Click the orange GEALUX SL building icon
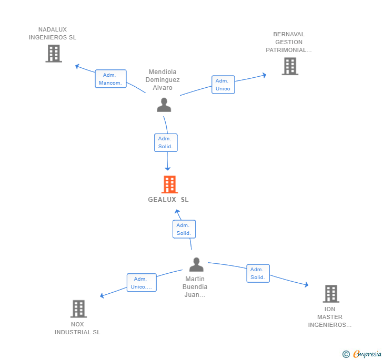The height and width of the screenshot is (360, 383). click(169, 184)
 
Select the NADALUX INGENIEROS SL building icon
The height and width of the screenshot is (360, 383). click(54, 54)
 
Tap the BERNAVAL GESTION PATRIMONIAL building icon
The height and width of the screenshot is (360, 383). click(290, 66)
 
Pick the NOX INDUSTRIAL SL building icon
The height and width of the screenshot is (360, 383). click(79, 308)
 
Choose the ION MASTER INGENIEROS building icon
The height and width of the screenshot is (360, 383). click(331, 294)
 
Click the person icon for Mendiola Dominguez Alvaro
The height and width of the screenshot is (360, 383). click(164, 105)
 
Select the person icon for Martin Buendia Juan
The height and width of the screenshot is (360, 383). click(196, 264)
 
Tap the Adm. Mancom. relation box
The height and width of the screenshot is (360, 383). click(110, 79)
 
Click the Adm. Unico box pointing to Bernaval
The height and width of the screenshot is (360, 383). click(223, 85)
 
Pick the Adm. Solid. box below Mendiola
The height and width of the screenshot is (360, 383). click(166, 142)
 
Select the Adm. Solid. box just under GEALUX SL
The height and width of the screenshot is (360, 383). click(184, 229)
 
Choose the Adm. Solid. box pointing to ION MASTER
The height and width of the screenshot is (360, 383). click(258, 273)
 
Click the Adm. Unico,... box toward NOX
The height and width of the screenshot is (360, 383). click(142, 283)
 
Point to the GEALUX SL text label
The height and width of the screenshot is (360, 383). click(168, 200)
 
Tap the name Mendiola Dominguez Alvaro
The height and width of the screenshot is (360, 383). click(163, 79)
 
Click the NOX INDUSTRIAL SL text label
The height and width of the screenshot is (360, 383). click(77, 328)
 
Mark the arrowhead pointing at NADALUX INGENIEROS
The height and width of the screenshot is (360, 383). click(77, 66)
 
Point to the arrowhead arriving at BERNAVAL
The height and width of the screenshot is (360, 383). click(264, 75)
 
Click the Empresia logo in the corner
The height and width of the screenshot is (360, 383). click(367, 354)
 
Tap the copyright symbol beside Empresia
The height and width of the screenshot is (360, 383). click(346, 354)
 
